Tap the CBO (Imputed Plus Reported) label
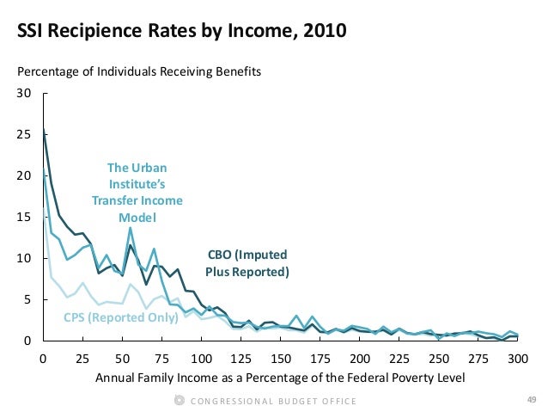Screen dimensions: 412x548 point(247,263)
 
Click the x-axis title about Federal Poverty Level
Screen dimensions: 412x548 point(281,378)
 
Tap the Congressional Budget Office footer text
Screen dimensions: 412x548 point(274,401)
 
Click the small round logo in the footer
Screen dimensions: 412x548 point(179,400)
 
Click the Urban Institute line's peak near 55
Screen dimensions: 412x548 point(131,228)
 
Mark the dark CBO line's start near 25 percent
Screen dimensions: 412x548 point(44,132)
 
